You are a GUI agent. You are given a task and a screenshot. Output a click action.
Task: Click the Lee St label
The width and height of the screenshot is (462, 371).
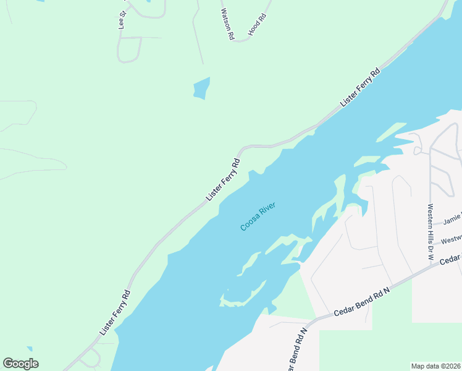point(122,20)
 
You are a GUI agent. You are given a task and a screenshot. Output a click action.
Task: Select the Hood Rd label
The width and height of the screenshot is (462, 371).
point(256,24)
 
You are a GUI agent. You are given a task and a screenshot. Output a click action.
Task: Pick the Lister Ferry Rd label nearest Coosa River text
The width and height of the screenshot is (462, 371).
point(223,181)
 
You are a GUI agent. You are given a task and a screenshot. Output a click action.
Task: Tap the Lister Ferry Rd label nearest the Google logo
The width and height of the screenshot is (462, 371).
point(115,313)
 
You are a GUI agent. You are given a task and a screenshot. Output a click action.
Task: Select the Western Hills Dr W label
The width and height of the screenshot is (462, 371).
point(430,230)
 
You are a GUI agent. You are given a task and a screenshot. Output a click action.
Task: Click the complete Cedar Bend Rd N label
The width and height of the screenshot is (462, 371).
point(362,303)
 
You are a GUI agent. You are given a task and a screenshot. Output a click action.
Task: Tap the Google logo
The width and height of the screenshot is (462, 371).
point(20,364)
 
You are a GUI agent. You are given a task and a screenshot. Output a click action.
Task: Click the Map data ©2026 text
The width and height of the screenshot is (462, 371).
point(436,366)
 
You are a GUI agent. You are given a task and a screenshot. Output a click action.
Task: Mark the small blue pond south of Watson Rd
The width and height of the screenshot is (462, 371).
point(201,88)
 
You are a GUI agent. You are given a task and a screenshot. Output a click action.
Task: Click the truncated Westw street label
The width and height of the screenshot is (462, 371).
point(451,238)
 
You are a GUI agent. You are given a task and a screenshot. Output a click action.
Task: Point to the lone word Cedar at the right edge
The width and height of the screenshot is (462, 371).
point(451,260)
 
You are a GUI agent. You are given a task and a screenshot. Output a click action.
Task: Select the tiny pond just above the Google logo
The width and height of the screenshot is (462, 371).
point(28,351)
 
